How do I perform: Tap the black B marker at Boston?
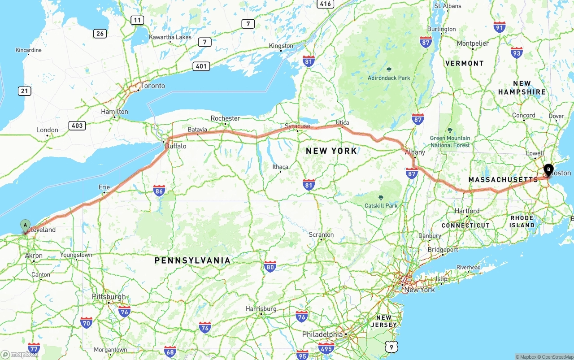click(548, 170)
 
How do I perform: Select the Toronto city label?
click(152, 86)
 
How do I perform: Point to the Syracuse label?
click(297, 126)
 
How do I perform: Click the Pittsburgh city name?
click(109, 297)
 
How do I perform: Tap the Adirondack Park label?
click(389, 78)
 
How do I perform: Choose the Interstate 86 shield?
click(159, 191)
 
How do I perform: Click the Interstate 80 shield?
click(270, 267)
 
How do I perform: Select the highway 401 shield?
click(201, 66)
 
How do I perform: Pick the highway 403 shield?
click(77, 126)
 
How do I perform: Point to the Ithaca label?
click(280, 167)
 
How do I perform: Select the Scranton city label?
click(321, 234)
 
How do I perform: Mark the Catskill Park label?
click(381, 206)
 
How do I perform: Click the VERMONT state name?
click(465, 63)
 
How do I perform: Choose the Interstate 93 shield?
click(517, 52)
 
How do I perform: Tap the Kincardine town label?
click(28, 50)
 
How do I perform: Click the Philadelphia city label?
click(322, 334)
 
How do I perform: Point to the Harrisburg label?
click(261, 309)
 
